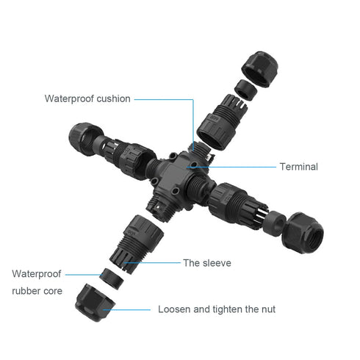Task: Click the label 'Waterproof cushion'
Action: [x=87, y=98]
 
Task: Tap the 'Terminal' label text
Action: [x=299, y=167]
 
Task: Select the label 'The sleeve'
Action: [x=207, y=263]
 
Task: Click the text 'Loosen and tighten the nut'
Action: [x=217, y=309]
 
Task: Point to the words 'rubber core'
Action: [x=37, y=291]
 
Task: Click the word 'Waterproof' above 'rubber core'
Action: [x=37, y=274]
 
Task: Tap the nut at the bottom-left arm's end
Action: [x=95, y=303]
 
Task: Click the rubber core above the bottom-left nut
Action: [x=112, y=279]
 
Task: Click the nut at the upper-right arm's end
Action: [x=259, y=68]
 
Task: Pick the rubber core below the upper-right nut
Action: [x=245, y=90]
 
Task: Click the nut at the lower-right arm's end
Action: [x=303, y=233]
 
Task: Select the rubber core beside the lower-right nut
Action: [x=275, y=223]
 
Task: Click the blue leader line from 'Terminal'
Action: [x=231, y=167]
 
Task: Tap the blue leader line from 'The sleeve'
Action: [x=152, y=263]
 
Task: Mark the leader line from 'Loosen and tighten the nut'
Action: [x=127, y=310]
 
